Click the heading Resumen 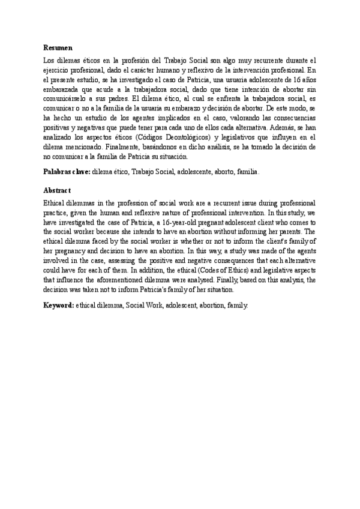58,46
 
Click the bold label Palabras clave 67,172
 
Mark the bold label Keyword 58,305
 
